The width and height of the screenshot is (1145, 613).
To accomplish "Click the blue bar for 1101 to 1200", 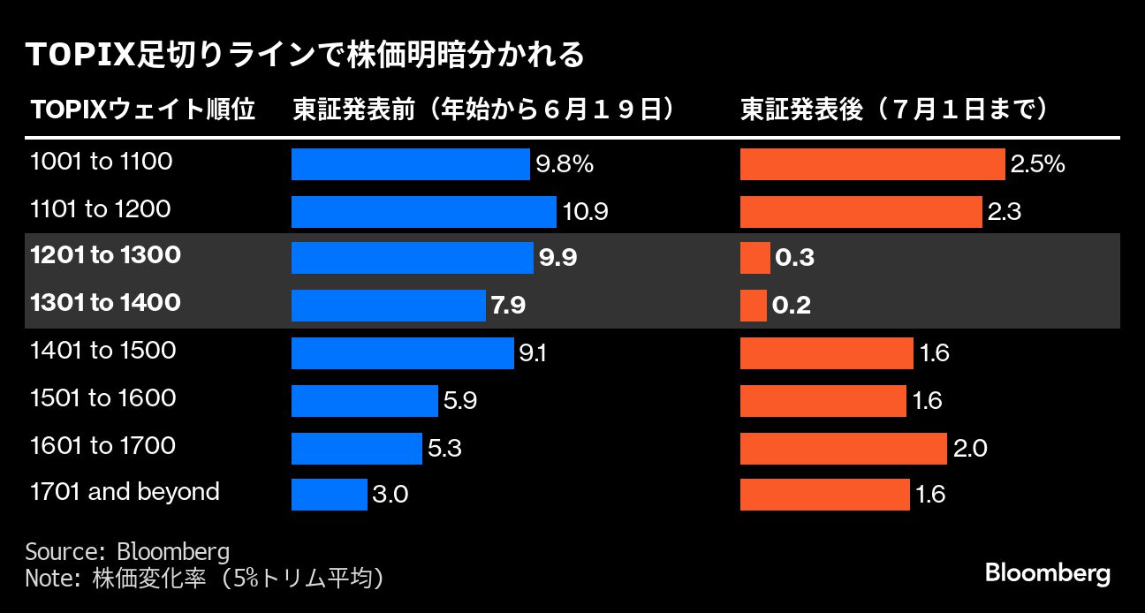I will (423, 211).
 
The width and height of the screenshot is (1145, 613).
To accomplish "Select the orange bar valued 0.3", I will (754, 258).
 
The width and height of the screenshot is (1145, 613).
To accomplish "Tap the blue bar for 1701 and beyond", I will (329, 494).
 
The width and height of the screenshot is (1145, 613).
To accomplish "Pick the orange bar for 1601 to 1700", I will (843, 448).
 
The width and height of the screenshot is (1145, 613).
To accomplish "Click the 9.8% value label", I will (564, 164).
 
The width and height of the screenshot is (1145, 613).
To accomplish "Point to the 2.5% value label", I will (1037, 164).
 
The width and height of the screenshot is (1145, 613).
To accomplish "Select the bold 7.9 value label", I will (508, 306).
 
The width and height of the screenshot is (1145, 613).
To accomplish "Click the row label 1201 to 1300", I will (105, 256).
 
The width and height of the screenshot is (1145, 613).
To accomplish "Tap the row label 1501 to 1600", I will (102, 398).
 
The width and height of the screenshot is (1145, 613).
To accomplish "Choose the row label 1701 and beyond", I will (125, 492).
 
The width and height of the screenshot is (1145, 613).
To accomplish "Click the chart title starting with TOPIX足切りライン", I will (306, 55).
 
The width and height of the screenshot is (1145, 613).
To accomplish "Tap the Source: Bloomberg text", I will (127, 552).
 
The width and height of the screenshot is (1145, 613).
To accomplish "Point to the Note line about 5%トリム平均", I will (207, 579).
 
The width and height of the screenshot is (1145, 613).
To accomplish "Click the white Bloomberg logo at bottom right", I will (1047, 573).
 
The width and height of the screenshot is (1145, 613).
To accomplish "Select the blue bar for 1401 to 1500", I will (402, 352).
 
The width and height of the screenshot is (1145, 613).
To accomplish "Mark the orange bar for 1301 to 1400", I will (753, 306).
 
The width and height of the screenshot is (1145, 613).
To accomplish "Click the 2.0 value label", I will (970, 449).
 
